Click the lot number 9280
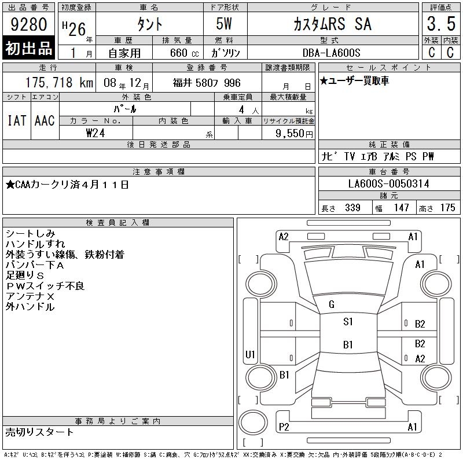coord(28,24)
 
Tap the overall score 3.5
coord(441,24)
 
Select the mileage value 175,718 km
coord(59,83)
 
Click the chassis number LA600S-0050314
coord(388,183)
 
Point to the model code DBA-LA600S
coord(331,53)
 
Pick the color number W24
coord(95,133)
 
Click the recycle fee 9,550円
coord(294,134)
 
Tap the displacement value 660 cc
coord(184,53)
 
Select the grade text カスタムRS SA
coord(332,24)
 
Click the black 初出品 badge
coord(28,48)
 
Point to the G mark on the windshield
coord(332,304)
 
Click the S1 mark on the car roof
coord(348,322)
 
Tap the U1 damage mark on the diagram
coord(250,354)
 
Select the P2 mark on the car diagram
coord(284,427)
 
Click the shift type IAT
coord(17,120)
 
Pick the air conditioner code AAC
coord(45,120)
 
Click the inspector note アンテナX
coord(30,296)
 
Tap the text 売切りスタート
coord(39,432)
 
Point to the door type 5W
coord(224,24)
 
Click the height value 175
coord(447,208)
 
